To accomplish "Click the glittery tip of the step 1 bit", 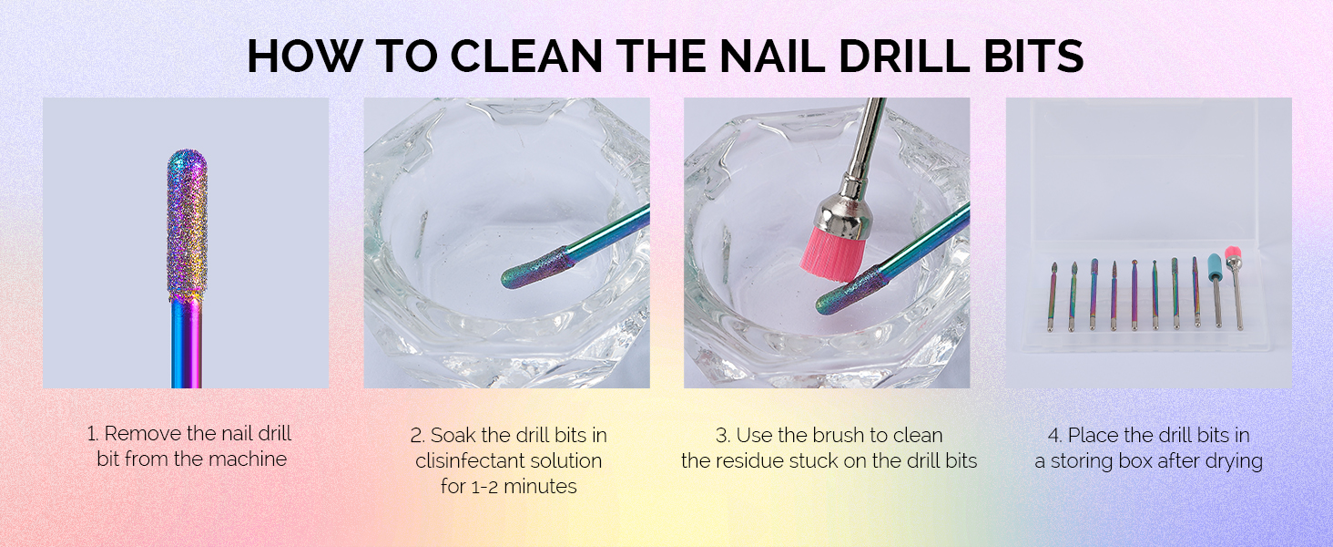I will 187,219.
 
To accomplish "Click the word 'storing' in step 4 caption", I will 1089,461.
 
